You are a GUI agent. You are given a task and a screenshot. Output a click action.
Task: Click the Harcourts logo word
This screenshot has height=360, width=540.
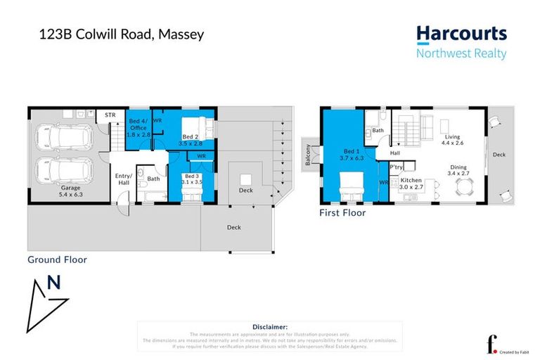461,33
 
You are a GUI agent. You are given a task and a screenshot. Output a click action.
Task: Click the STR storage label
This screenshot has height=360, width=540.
110,115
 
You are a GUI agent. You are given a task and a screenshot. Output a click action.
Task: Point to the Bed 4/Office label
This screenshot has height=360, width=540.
139,125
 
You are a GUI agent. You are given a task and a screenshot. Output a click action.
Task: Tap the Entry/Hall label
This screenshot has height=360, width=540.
124,179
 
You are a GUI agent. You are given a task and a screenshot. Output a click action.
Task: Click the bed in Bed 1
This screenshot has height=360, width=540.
351,188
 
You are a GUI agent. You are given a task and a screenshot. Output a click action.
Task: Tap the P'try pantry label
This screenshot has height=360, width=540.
397,167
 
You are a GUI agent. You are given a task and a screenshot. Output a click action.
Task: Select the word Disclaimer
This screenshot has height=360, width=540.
269,327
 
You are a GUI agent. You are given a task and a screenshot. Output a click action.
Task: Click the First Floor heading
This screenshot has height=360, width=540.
342,212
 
